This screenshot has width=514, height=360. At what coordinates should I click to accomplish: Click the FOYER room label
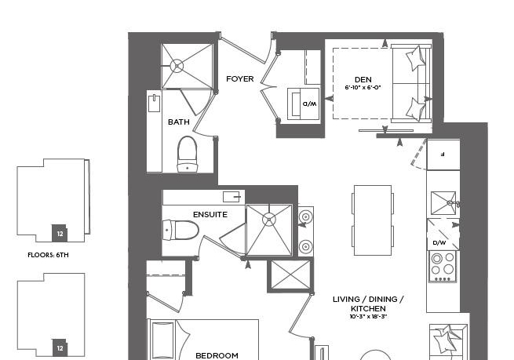pyautogui.click(x=239, y=79)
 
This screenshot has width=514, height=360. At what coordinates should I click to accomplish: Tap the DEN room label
pyautogui.click(x=363, y=79)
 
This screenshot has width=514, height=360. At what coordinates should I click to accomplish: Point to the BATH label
pyautogui.click(x=179, y=122)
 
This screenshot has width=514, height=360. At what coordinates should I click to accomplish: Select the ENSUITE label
pyautogui.click(x=210, y=215)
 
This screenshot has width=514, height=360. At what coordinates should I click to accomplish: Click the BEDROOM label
pyautogui.click(x=217, y=356)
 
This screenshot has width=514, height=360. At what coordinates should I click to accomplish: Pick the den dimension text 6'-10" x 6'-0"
pyautogui.click(x=363, y=88)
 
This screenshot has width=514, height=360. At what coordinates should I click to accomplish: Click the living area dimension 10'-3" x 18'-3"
pyautogui.click(x=369, y=317)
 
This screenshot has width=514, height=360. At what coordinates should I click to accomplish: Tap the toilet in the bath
pyautogui.click(x=188, y=154)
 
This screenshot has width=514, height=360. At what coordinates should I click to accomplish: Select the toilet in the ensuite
pyautogui.click(x=180, y=230)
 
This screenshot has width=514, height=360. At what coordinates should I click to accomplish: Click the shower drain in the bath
pyautogui.click(x=177, y=66)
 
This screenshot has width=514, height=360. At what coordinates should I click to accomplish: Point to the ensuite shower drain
pyautogui.click(x=269, y=219)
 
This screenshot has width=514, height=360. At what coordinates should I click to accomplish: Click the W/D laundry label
pyautogui.click(x=309, y=104)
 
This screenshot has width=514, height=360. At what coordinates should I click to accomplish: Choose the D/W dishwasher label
pyautogui.click(x=439, y=242)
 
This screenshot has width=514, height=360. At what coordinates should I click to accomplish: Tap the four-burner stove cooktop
pyautogui.click(x=443, y=267)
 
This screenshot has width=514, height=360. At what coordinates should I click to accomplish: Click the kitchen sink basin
pyautogui.click(x=443, y=203)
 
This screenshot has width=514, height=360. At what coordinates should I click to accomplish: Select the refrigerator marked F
pyautogui.click(x=443, y=155)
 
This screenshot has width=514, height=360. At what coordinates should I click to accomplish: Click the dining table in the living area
pyautogui.click(x=373, y=220)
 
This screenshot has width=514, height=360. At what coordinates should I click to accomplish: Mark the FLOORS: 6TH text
pyautogui.click(x=48, y=255)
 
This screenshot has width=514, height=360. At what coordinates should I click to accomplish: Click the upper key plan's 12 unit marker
pyautogui.click(x=60, y=234)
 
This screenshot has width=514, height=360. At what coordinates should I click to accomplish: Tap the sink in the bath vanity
pyautogui.click(x=155, y=104)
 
